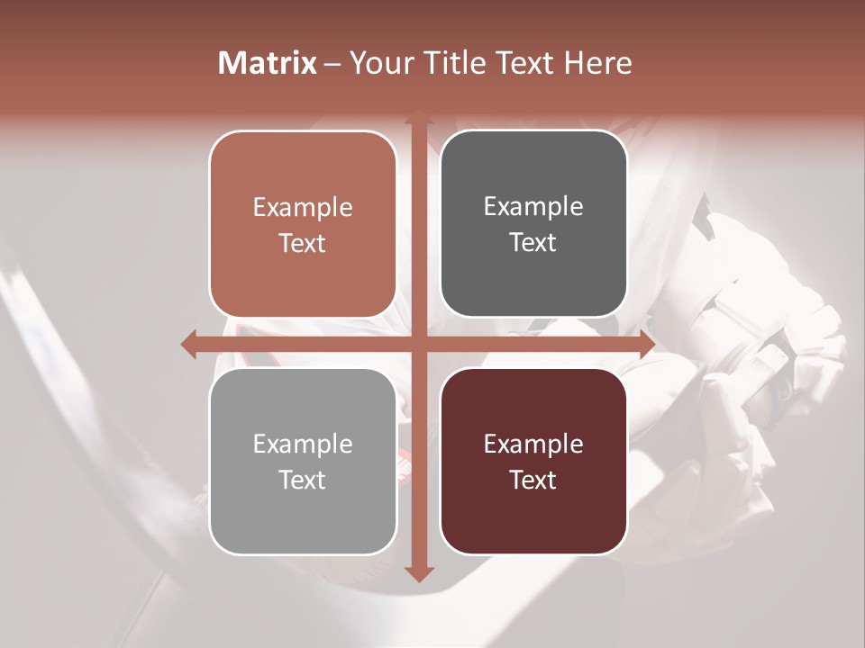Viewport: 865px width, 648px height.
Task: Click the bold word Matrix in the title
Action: (x=267, y=63)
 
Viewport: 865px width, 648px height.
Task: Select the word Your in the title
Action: (x=377, y=63)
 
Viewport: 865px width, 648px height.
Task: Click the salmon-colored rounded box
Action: (x=303, y=225)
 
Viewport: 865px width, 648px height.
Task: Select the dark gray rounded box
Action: (x=533, y=225)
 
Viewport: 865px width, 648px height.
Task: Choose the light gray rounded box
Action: (x=303, y=462)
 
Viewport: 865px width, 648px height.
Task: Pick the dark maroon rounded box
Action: (x=533, y=462)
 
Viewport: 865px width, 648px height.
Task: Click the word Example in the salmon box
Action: (x=303, y=208)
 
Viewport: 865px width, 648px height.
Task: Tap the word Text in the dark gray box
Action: (x=533, y=243)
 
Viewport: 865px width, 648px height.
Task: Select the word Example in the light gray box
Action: (x=303, y=445)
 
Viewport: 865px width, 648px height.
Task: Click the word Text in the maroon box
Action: (x=533, y=481)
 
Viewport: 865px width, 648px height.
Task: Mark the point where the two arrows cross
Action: (x=418, y=344)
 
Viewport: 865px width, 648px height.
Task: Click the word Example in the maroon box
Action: (x=533, y=444)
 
